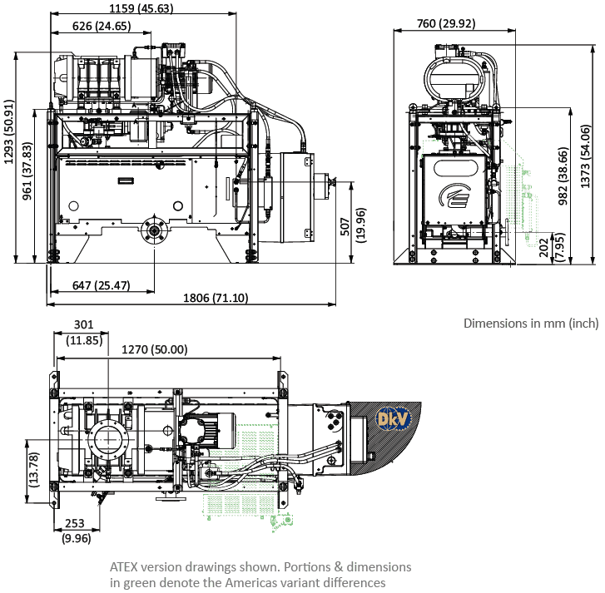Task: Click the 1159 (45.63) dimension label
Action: click(x=141, y=8)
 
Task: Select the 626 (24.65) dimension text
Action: click(x=102, y=26)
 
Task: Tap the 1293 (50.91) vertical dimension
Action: click(x=9, y=132)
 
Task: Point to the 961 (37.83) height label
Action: click(x=27, y=171)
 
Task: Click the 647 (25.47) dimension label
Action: click(x=101, y=285)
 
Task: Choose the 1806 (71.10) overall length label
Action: click(x=216, y=298)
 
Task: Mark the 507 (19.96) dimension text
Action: click(x=353, y=225)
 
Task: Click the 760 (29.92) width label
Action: click(x=446, y=23)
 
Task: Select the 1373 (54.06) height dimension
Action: click(x=585, y=156)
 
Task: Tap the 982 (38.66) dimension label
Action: click(x=563, y=175)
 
